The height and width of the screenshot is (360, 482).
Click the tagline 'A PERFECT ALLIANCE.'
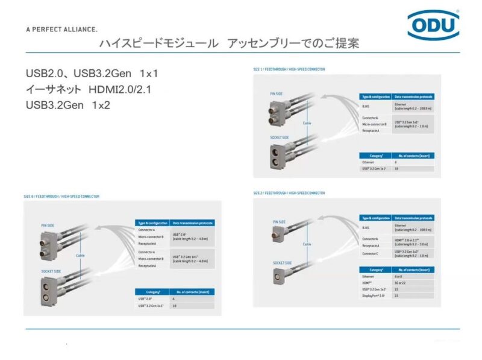(x=61, y=29)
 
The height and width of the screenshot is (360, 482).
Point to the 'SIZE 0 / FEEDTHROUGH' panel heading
(x=62, y=197)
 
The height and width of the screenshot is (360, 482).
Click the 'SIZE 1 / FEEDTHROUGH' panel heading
(x=289, y=69)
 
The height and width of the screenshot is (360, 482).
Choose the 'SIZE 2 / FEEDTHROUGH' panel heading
(x=289, y=193)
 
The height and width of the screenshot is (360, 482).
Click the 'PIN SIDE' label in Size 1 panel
(x=277, y=93)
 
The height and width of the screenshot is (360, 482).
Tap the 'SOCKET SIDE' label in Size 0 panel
(x=51, y=271)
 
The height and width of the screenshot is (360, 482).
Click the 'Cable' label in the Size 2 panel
(x=307, y=244)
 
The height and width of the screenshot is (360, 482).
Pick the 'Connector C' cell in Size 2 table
(x=370, y=253)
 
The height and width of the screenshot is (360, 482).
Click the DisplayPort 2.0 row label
(x=374, y=295)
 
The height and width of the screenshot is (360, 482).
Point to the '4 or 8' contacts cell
(x=399, y=276)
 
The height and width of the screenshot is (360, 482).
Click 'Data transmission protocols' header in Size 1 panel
(x=413, y=96)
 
